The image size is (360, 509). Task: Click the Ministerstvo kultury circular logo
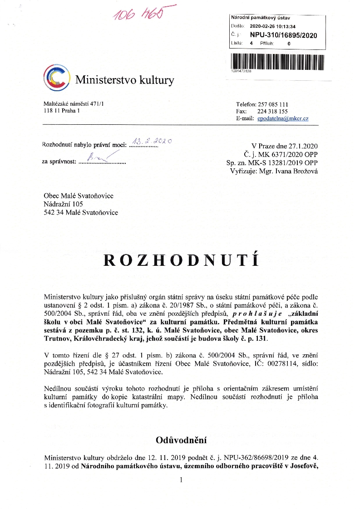pos(57,78)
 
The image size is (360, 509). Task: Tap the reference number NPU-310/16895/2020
pos(284,35)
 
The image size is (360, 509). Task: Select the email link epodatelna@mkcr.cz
pos(283,118)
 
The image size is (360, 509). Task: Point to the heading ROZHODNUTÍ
pos(181,260)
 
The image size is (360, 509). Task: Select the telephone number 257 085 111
pos(273,104)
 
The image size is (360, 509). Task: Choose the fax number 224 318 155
pos(273,111)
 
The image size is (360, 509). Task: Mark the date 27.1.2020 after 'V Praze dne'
pos(303,146)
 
